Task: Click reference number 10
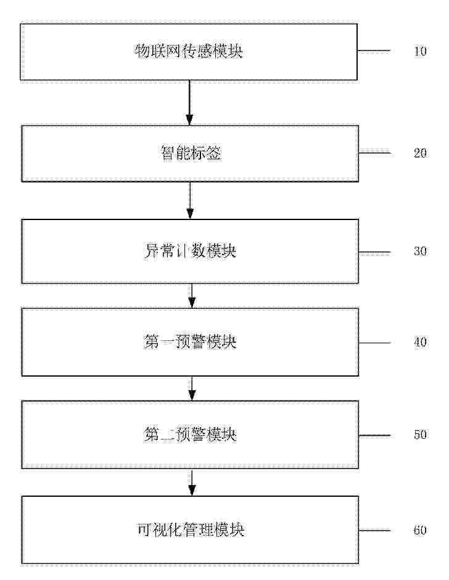pyautogui.click(x=420, y=51)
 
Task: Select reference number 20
pyautogui.click(x=420, y=153)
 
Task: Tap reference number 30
pyautogui.click(x=420, y=251)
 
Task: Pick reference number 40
pyautogui.click(x=420, y=342)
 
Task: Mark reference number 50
pyautogui.click(x=420, y=435)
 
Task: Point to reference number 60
pyautogui.click(x=420, y=530)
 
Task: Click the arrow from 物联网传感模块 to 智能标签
pyautogui.click(x=189, y=103)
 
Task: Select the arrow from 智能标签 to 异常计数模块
pyautogui.click(x=190, y=200)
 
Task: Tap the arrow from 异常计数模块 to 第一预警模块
pyautogui.click(x=192, y=296)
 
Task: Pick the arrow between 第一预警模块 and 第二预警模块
pyautogui.click(x=192, y=388)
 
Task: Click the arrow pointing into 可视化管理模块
pyautogui.click(x=192, y=483)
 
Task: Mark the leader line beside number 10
pyautogui.click(x=374, y=51)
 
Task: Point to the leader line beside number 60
pyautogui.click(x=374, y=531)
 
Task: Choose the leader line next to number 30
pyautogui.click(x=374, y=253)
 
